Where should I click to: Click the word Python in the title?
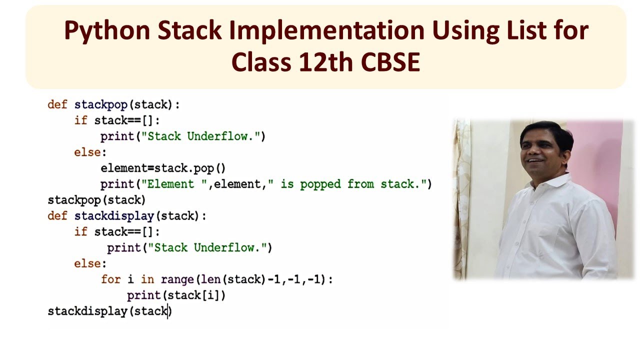tap(107, 31)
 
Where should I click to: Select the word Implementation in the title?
tap(326, 31)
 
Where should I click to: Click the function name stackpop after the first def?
tap(100, 104)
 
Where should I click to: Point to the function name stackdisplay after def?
tap(114, 216)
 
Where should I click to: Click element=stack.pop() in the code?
tap(163, 168)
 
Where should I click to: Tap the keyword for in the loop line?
tap(110, 279)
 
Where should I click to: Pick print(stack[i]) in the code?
tap(176, 295)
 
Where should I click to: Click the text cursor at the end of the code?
tap(169, 311)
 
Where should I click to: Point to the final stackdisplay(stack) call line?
tap(109, 311)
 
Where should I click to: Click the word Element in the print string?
tap(170, 184)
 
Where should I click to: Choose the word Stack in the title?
tap(189, 31)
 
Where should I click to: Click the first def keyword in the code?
tap(57, 104)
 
